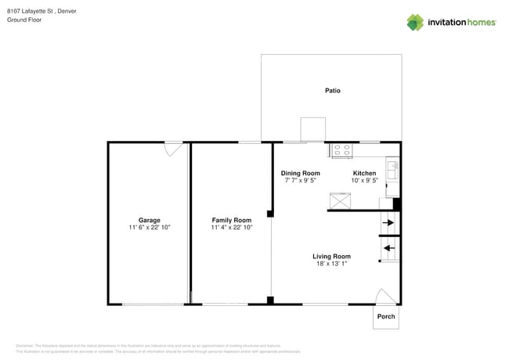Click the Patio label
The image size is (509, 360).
pos(333,91)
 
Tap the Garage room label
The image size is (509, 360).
pos(149,220)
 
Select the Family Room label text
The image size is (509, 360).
pos(231,220)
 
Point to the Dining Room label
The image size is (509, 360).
pos(301,173)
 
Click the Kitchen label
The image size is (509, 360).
pos(364,173)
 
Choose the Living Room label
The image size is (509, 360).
pos(331,256)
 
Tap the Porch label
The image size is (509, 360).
pos(386,316)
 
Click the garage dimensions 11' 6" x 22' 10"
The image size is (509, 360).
pos(149,228)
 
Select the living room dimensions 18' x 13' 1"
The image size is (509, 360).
pos(331,264)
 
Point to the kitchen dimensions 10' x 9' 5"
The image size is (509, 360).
pos(364,181)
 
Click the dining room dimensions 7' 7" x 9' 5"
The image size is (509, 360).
pos(301,181)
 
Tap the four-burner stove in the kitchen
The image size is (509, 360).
pos(342,149)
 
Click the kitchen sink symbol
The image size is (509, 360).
pos(392,167)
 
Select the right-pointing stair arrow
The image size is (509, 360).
pos(388,223)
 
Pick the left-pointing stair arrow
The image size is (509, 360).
pos(388,248)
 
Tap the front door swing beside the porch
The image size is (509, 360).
pos(384,297)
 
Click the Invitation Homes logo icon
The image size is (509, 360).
pos(414,22)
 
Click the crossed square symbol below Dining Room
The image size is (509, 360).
pos(340,201)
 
